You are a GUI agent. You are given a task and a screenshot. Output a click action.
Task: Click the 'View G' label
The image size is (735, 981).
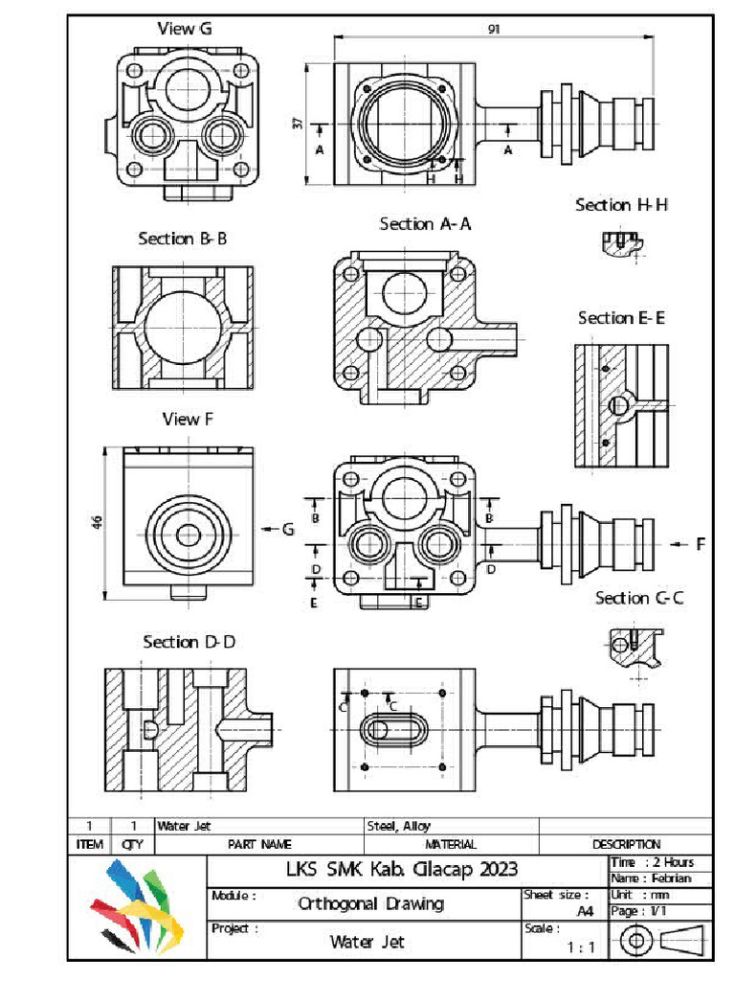coord(185,29)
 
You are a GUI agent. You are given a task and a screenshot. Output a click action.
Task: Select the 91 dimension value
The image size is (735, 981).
coord(494,29)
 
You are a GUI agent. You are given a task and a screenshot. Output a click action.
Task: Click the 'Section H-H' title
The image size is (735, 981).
coord(621,205)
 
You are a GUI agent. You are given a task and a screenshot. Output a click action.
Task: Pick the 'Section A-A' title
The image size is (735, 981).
coord(425,224)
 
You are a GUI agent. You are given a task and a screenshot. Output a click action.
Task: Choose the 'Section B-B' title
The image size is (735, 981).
coord(182,239)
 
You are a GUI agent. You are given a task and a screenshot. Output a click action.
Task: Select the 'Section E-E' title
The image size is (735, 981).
coord(621,318)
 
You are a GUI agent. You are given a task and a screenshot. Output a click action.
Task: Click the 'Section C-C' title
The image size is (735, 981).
coord(639,598)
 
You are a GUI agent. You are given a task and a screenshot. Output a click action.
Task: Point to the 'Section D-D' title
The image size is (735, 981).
coord(189,642)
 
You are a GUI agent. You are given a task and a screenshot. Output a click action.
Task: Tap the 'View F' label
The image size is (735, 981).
coord(182,419)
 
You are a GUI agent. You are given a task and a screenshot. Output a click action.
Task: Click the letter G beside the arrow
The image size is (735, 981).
coord(288,530)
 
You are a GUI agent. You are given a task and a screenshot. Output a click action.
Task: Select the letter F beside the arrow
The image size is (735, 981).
coord(701,544)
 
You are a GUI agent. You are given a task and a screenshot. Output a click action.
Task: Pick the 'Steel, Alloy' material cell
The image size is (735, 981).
coord(399,826)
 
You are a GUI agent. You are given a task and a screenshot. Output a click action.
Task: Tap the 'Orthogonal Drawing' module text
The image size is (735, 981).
coord(370,903)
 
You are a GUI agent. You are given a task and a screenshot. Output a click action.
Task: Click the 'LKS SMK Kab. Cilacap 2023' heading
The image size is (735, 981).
coord(402,870)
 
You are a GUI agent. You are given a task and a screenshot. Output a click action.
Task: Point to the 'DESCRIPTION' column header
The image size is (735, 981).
coord(626,844)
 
